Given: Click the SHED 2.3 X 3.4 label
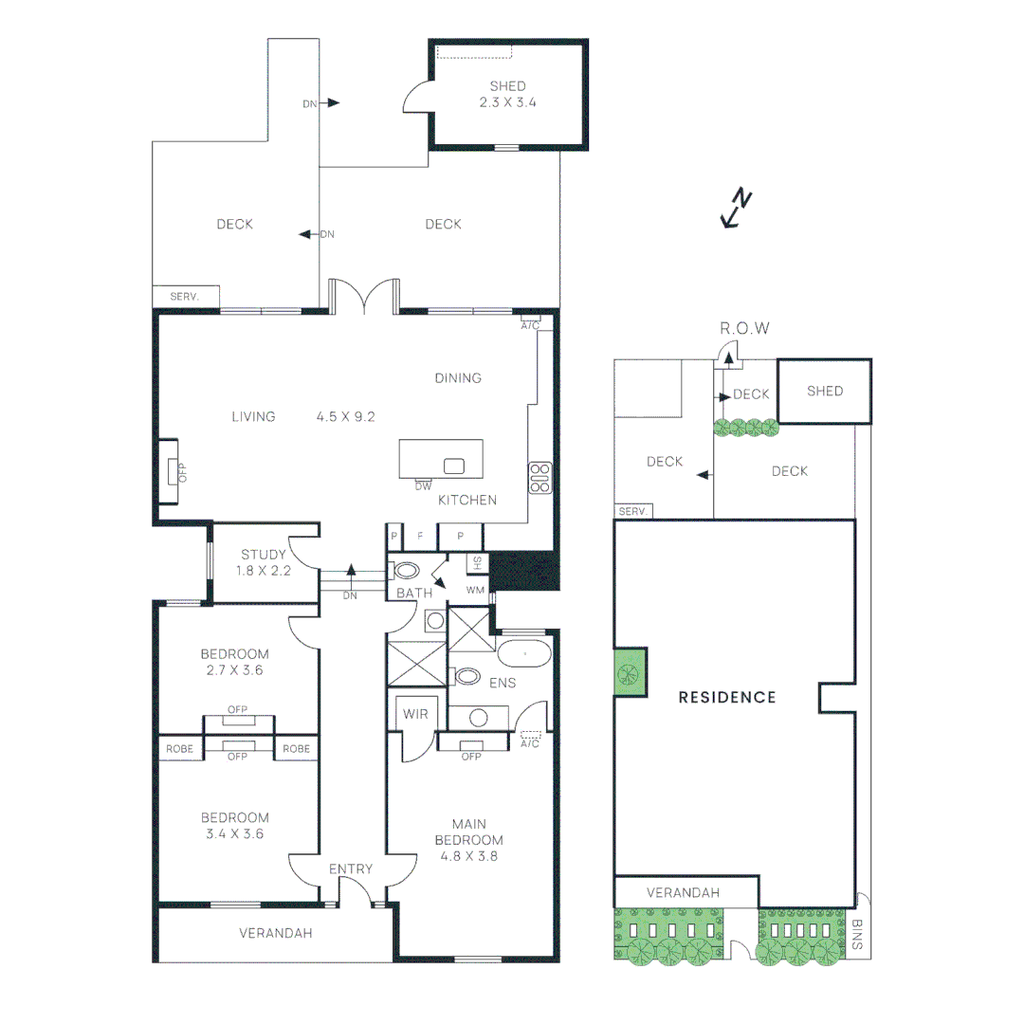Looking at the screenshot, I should click(507, 94).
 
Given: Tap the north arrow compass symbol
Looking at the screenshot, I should click(737, 209).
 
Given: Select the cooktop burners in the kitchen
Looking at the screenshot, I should click(539, 477).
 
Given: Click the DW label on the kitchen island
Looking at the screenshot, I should click(423, 486).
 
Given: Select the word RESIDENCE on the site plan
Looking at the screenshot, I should click(727, 697).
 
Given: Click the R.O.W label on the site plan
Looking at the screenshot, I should click(744, 328).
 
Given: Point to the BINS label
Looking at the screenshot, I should click(856, 933).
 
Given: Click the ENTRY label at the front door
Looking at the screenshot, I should click(351, 869).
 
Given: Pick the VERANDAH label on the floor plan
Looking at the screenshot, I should click(274, 933).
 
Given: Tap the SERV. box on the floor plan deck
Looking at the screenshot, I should click(185, 297).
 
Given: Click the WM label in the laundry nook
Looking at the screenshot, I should click(475, 590).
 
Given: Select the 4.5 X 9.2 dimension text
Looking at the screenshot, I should click(347, 415).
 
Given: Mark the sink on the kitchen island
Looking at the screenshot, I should click(453, 466).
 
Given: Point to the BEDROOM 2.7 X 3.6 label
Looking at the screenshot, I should click(234, 662).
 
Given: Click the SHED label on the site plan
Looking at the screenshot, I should click(824, 391).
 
